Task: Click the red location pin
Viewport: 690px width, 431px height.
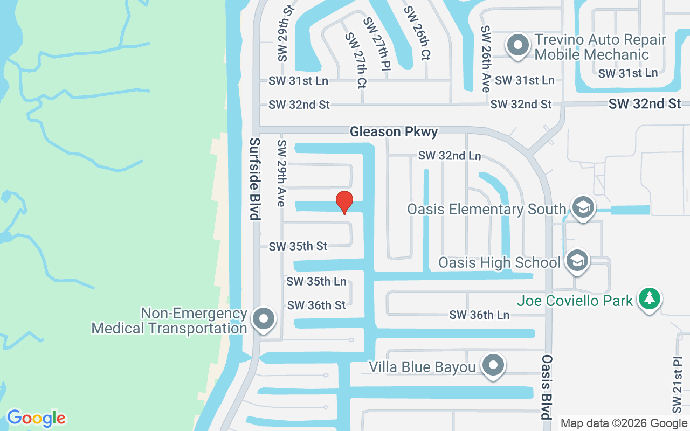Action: pyautogui.click(x=344, y=202)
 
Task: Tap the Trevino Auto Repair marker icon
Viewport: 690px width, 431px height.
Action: pyautogui.click(x=518, y=46)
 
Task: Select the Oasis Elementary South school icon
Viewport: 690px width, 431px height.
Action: pyautogui.click(x=583, y=208)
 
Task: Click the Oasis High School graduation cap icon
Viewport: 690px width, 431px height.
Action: pyautogui.click(x=577, y=262)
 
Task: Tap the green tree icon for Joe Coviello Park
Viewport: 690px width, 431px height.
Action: pyautogui.click(x=650, y=299)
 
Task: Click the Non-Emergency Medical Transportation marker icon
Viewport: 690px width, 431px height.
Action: pyautogui.click(x=264, y=319)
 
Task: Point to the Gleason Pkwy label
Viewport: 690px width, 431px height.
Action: pyautogui.click(x=394, y=131)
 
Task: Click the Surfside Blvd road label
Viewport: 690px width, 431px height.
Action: pyautogui.click(x=254, y=178)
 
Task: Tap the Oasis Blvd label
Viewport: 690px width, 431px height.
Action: pyautogui.click(x=547, y=387)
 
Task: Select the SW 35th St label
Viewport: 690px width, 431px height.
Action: pyautogui.click(x=298, y=246)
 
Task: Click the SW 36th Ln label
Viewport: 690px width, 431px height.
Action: pyautogui.click(x=479, y=315)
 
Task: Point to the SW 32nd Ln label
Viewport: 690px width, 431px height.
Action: pyautogui.click(x=450, y=156)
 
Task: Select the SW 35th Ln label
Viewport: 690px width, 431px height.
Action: pyautogui.click(x=316, y=281)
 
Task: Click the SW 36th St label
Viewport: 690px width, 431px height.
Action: pyautogui.click(x=316, y=305)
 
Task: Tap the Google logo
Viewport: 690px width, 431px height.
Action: pyautogui.click(x=36, y=418)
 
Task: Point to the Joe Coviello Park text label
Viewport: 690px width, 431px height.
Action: pyautogui.click(x=575, y=301)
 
